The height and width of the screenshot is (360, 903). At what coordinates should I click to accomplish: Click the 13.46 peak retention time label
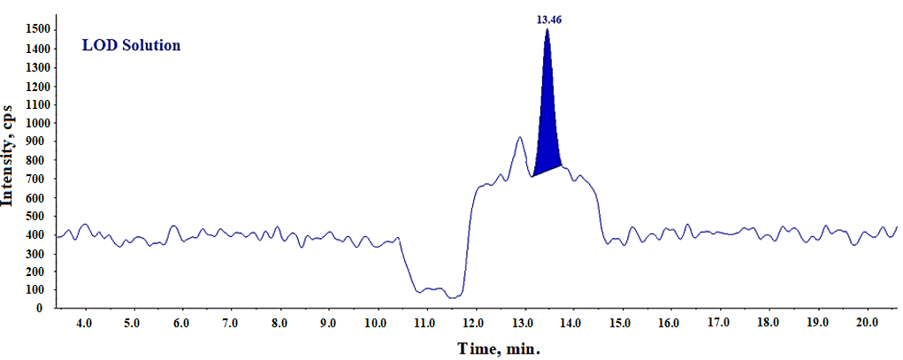[x=548, y=19]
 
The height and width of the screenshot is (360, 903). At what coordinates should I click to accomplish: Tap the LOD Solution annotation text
[x=132, y=45]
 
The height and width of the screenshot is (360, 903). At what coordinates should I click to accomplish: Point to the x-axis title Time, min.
[x=498, y=348]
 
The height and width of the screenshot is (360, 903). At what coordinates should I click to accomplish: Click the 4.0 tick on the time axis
[x=84, y=325]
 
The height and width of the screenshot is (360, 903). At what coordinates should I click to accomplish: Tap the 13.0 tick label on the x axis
[x=524, y=325]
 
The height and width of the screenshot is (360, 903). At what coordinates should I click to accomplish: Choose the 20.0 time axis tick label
[x=866, y=325]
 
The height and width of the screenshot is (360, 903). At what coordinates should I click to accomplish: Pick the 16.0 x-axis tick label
[x=670, y=325]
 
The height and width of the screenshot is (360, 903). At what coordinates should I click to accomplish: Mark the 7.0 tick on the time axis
[x=231, y=325]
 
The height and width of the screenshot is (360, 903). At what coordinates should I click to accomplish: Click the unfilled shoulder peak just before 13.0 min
[x=520, y=140]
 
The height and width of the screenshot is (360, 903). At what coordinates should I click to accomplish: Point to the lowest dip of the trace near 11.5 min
[x=452, y=297]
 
